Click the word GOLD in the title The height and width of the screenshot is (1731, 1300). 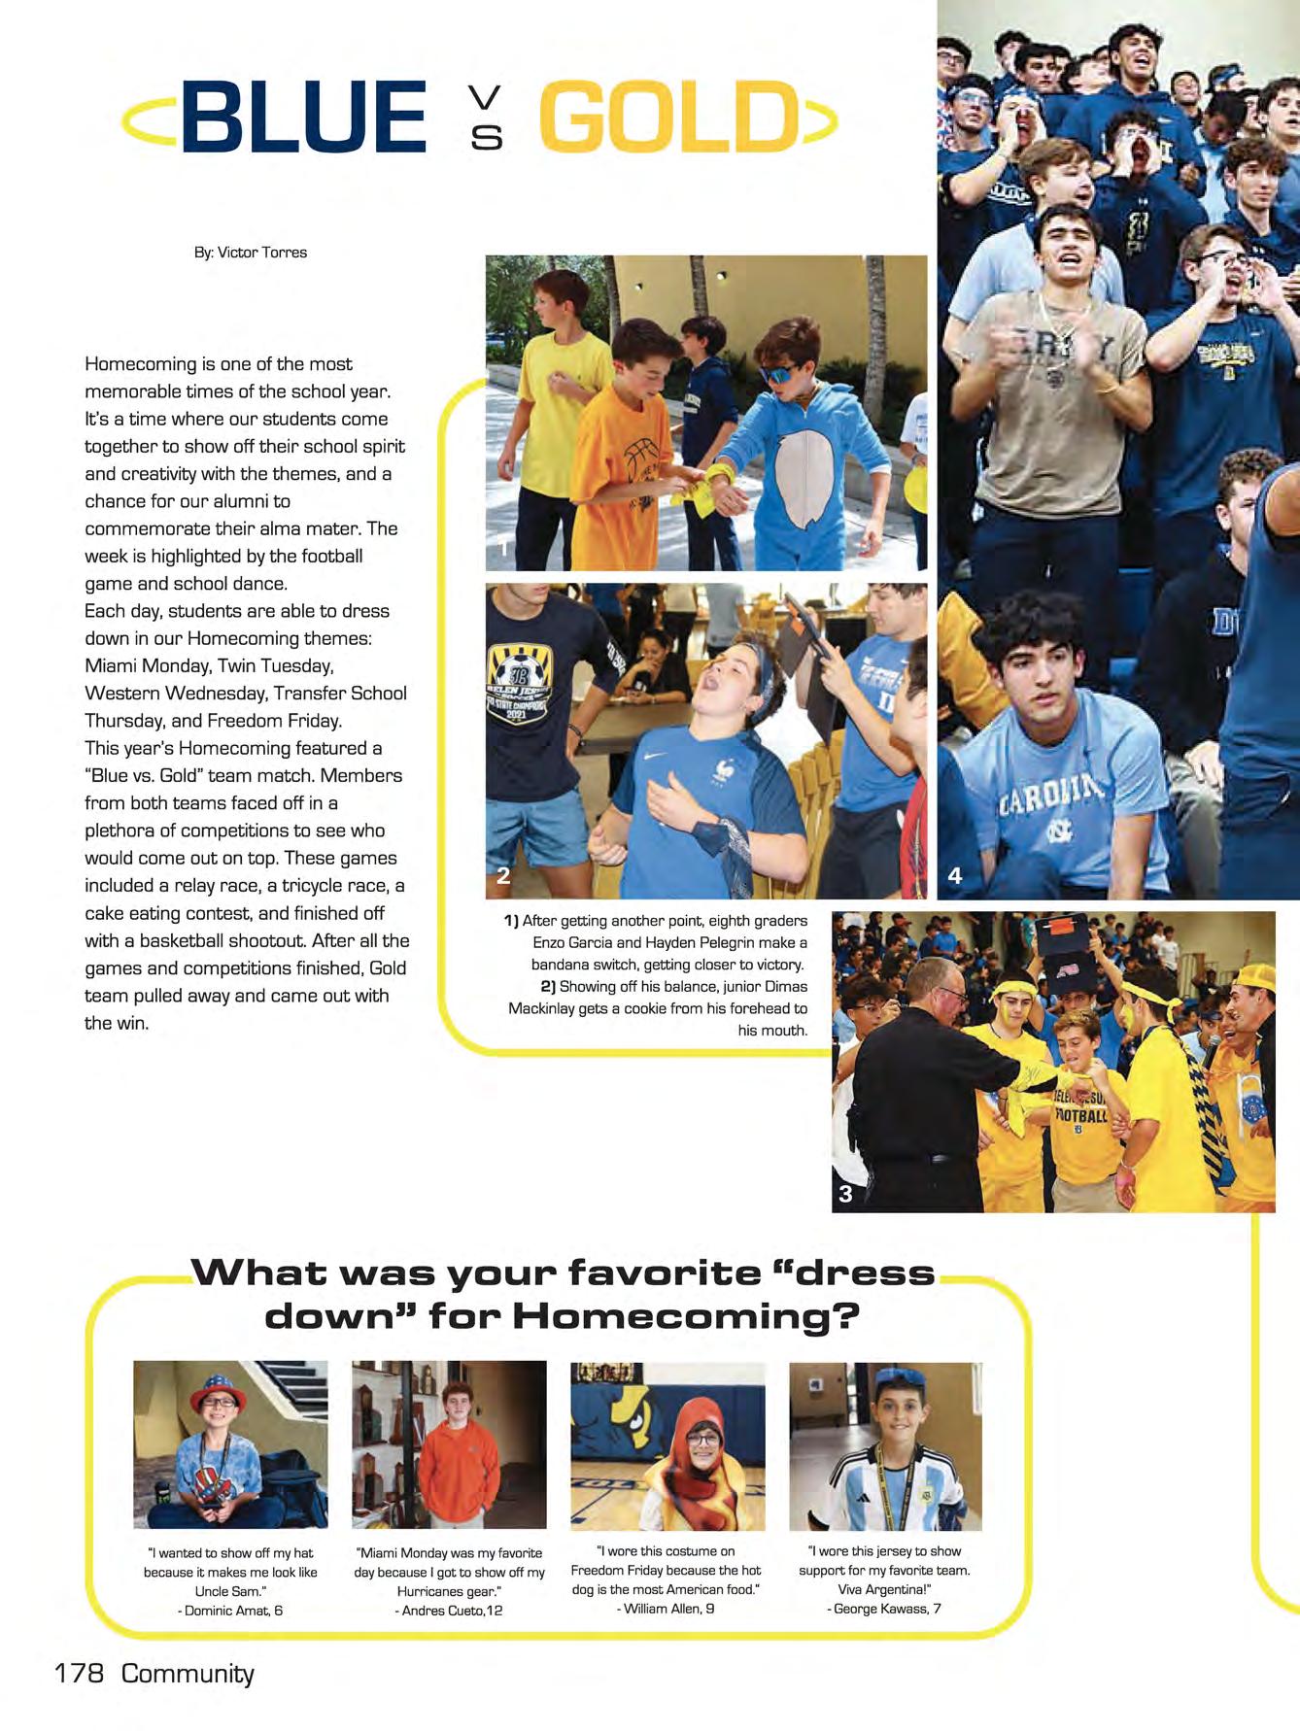coord(669,118)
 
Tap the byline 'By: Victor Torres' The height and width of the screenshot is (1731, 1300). coord(251,253)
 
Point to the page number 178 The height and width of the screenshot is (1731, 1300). coord(80,1673)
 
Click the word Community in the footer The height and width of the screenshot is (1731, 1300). coord(188,1673)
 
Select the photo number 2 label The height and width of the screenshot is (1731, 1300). coord(503,875)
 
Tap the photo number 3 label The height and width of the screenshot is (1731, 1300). coord(845,1194)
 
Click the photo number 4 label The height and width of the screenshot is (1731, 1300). coord(955,875)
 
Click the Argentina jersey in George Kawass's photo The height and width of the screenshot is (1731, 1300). coord(889,1486)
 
